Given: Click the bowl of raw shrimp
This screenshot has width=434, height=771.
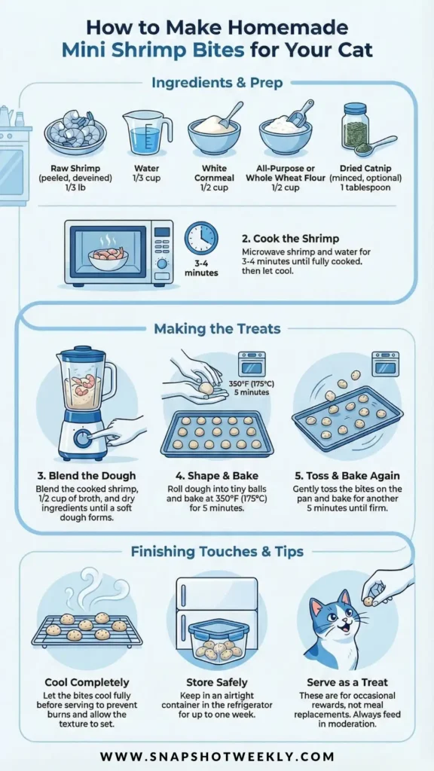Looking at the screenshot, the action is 75,133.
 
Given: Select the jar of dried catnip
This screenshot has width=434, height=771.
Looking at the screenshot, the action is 356,126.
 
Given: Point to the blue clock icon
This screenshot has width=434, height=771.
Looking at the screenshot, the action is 201,238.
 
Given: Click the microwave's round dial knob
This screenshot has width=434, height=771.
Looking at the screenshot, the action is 162,264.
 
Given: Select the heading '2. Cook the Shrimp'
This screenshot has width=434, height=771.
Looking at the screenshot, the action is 290,239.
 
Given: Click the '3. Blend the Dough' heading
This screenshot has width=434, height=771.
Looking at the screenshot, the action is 86,476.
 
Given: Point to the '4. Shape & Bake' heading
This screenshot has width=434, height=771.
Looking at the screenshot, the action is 217,476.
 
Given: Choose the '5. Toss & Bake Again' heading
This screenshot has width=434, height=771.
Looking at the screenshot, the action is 347,476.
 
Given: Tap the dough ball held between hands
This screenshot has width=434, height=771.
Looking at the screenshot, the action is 206,389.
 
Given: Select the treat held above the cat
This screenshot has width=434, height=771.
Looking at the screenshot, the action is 368,600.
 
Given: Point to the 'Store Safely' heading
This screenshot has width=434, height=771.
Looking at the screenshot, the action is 217,682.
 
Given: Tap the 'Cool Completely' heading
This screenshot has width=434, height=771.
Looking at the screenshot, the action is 87,682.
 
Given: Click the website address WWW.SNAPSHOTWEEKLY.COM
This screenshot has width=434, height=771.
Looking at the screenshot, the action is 217,756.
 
